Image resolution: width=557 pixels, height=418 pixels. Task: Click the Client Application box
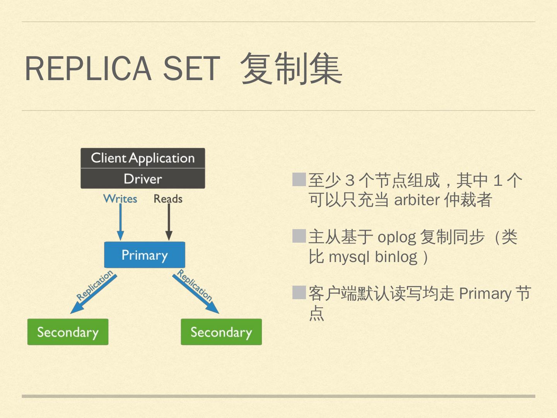coord(143,158)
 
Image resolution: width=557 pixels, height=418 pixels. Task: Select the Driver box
coord(143,179)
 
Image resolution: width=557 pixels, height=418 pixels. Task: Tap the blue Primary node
coord(145,255)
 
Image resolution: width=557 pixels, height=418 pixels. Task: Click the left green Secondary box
coord(68,332)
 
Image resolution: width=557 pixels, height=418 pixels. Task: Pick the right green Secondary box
coord(221,332)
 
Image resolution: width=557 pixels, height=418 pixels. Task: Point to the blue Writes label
coord(120,199)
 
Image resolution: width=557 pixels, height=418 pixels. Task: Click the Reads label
coord(168,199)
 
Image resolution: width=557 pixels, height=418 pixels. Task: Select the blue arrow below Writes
coord(120,223)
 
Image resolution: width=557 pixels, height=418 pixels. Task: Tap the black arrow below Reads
coord(169,223)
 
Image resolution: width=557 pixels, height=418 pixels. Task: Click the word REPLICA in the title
coord(88,69)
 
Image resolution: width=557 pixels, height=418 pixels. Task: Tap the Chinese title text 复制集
coord(291,69)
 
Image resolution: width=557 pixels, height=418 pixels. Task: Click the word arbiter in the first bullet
coord(417,200)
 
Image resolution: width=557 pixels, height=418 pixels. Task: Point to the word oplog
coord(396,237)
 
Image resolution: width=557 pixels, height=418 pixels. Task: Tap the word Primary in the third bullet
coord(485,294)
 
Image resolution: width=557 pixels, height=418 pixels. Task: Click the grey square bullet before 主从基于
coord(299,236)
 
